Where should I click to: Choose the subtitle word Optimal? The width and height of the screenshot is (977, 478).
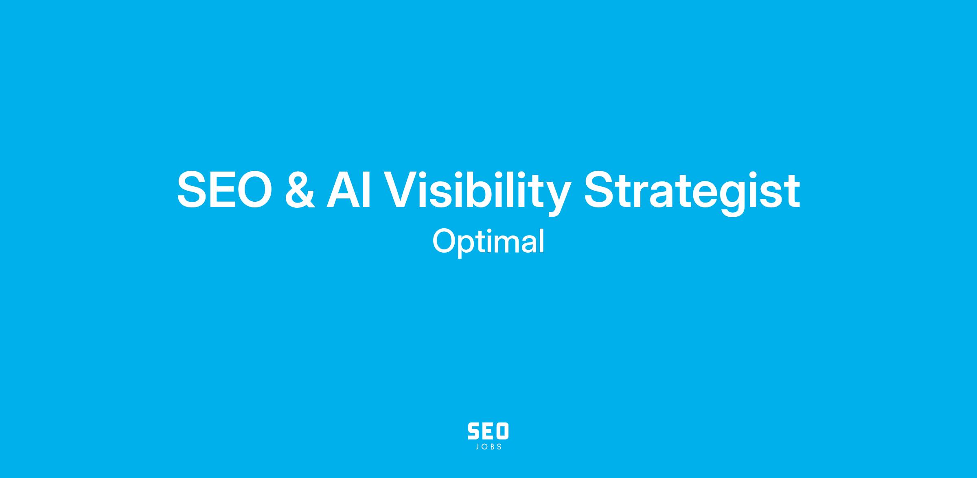tap(488, 242)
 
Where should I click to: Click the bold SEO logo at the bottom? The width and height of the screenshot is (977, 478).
tap(488, 431)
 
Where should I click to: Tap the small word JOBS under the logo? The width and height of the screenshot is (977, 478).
tap(488, 447)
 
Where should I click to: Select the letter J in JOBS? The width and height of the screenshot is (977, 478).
tap(477, 447)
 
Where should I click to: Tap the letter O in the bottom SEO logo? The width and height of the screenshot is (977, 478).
tap(502, 431)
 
